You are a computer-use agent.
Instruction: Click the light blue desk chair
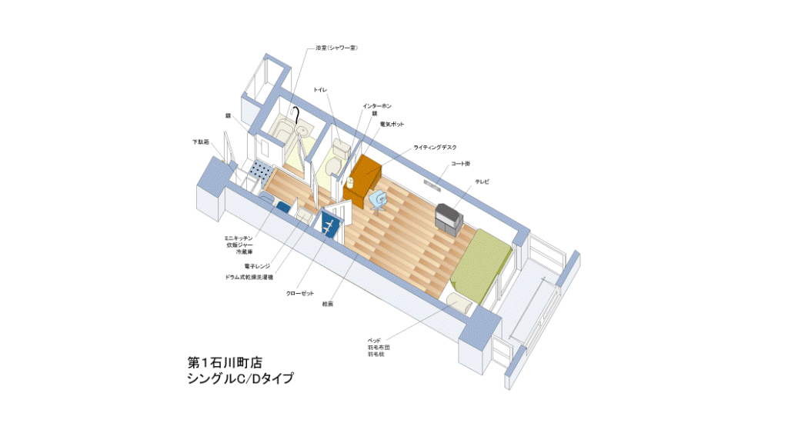click(x=378, y=201)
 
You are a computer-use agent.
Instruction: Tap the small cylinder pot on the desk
click(x=349, y=182)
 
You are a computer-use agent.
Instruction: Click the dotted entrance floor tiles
click(x=260, y=173)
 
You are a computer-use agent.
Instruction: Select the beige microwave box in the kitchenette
click(x=305, y=218)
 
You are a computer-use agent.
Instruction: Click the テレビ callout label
click(x=482, y=182)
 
